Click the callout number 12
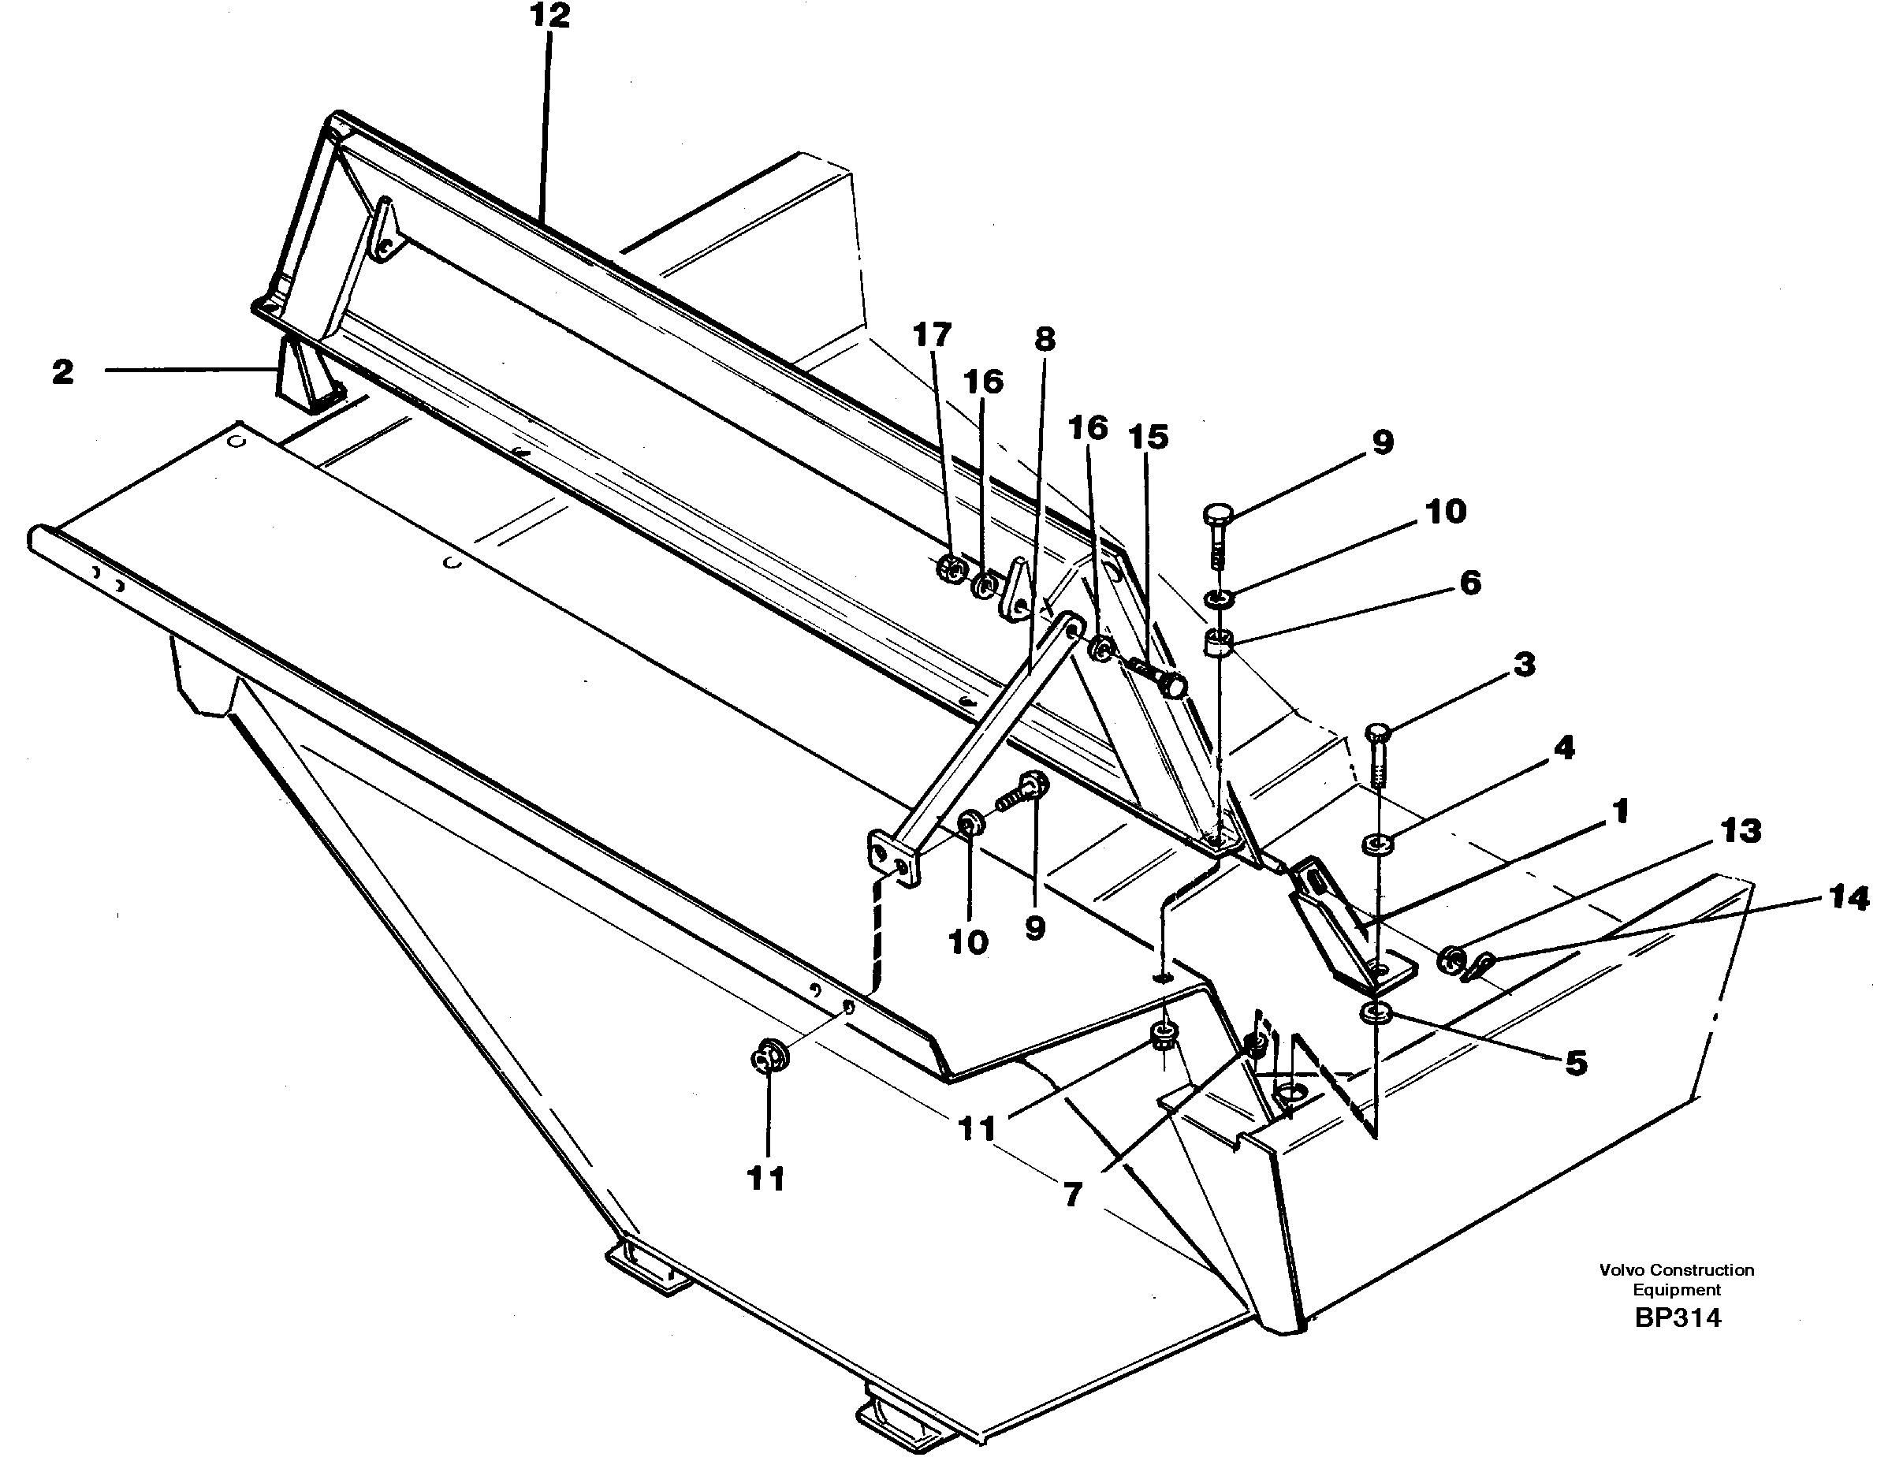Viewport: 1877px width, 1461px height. pyautogui.click(x=549, y=17)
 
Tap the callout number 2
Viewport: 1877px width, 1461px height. pyautogui.click(x=63, y=373)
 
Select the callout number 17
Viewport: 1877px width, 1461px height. pyautogui.click(x=932, y=334)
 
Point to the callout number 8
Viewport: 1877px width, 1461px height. pyautogui.click(x=1045, y=340)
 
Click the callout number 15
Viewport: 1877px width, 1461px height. pyautogui.click(x=1149, y=438)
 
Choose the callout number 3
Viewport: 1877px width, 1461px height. pyautogui.click(x=1524, y=665)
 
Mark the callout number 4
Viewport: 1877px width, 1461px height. pyautogui.click(x=1564, y=747)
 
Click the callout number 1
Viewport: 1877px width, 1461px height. pyautogui.click(x=1620, y=811)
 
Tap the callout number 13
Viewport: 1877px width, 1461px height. pyautogui.click(x=1741, y=831)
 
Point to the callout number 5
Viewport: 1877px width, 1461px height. pyautogui.click(x=1575, y=1063)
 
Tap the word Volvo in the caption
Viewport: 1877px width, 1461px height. pyautogui.click(x=1620, y=1269)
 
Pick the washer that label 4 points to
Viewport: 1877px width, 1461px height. pyautogui.click(x=1378, y=844)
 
